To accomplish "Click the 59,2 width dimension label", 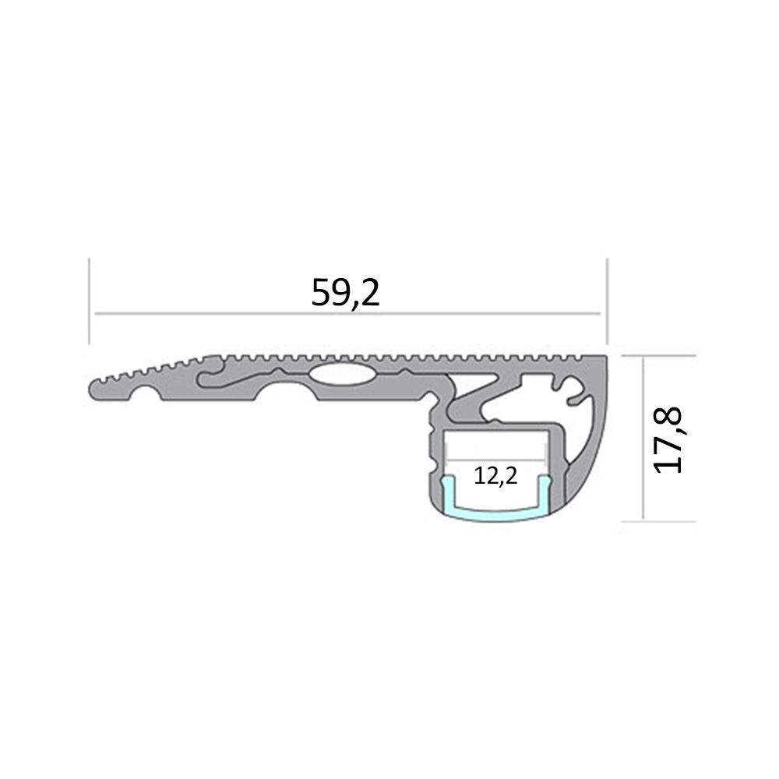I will tap(345, 293).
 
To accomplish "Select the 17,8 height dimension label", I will tap(668, 439).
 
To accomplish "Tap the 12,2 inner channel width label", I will tap(495, 477).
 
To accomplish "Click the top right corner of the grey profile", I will tap(605, 359).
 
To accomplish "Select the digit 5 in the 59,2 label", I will tap(319, 293).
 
